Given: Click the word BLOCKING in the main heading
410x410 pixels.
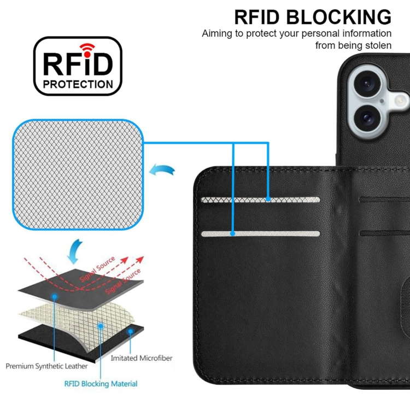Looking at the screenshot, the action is [x=338, y=17].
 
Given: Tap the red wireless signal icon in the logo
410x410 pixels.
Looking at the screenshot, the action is [x=87, y=50].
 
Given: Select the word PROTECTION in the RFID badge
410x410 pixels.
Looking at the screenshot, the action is [x=78, y=84].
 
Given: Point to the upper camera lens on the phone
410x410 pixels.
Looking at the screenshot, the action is [x=367, y=84].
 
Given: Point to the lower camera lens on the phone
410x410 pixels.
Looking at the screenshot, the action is [x=367, y=118].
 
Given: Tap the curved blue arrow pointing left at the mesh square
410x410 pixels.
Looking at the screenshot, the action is [x=162, y=170].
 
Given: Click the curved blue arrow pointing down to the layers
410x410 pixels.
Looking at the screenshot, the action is [x=74, y=251].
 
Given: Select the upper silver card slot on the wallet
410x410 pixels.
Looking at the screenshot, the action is [x=260, y=200].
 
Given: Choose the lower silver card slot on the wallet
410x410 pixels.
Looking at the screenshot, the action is [x=260, y=234].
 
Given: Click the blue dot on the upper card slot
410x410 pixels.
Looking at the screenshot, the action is [x=268, y=199].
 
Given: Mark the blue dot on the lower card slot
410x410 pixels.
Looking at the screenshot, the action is [x=232, y=233].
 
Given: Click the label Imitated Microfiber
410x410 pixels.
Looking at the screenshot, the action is [x=142, y=358].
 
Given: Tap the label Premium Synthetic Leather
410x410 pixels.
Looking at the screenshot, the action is [x=46, y=366].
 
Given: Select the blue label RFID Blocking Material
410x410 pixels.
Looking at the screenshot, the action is [x=101, y=384].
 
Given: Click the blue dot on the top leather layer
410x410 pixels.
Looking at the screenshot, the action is [x=54, y=296].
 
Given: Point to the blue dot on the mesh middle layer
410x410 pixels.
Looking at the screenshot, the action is [x=101, y=326].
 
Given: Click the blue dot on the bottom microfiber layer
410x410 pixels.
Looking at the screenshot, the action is [x=130, y=332].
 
